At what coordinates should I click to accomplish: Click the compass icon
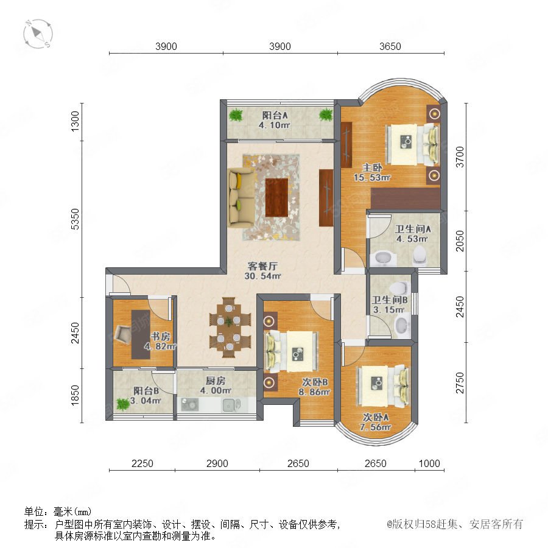38,34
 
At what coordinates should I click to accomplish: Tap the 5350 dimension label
75,219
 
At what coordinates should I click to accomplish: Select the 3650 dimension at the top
390,46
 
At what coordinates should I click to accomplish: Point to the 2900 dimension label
217,463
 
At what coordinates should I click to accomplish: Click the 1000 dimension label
429,463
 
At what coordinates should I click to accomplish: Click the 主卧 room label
372,167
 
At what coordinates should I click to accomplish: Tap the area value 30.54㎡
262,276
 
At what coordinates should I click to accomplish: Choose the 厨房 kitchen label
216,381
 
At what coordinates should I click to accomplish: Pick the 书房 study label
160,336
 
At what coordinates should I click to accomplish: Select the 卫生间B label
389,300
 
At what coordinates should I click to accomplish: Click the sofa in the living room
242,198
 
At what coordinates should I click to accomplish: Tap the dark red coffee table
276,197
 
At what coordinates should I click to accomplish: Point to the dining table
229,328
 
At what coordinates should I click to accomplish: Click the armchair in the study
122,334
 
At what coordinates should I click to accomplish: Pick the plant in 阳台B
122,404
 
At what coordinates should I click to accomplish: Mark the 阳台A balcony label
275,115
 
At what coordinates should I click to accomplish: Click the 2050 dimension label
460,241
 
